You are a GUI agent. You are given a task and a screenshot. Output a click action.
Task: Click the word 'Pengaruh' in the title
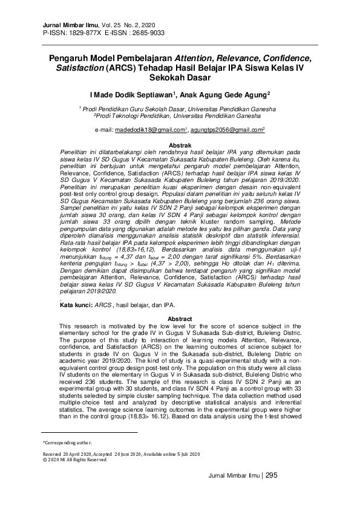point(73,59)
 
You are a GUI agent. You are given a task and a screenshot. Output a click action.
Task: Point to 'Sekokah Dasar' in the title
point(180,78)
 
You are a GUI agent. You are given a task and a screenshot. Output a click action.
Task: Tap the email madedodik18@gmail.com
point(149,130)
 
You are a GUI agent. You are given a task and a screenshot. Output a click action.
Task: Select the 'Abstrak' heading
point(180,146)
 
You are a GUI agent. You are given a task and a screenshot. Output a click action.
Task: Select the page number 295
point(272,475)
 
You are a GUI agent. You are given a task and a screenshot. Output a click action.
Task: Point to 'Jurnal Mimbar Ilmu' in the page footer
point(231,476)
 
